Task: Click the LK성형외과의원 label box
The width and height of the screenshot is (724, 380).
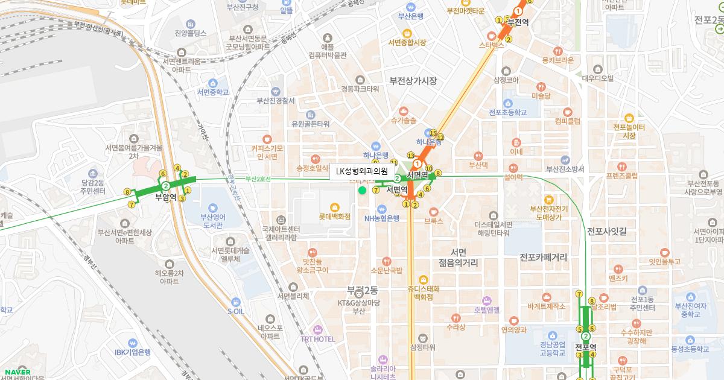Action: pyautogui.click(x=362, y=172)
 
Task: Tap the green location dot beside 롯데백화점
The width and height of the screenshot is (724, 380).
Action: pyautogui.click(x=362, y=191)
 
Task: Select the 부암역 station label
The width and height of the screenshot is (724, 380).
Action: pyautogui.click(x=165, y=197)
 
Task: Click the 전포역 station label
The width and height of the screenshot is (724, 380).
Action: pyautogui.click(x=585, y=347)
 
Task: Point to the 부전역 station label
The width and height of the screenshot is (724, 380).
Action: pyautogui.click(x=518, y=22)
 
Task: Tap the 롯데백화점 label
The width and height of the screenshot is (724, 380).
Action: pyautogui.click(x=335, y=215)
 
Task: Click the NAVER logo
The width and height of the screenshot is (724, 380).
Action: pyautogui.click(x=16, y=372)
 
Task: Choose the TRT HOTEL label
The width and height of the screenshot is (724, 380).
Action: pyautogui.click(x=317, y=339)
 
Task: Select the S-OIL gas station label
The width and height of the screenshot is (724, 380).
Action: pyautogui.click(x=236, y=311)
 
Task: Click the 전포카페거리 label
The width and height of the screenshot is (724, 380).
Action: pyautogui.click(x=544, y=257)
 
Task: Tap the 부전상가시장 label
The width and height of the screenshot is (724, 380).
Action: pyautogui.click(x=413, y=81)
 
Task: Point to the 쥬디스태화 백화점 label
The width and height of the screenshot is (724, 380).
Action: pyautogui.click(x=424, y=293)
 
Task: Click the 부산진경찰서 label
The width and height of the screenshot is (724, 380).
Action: pyautogui.click(x=275, y=101)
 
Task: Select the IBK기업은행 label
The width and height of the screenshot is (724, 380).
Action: pyautogui.click(x=133, y=352)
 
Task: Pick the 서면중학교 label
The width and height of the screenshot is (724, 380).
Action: pyautogui.click(x=212, y=92)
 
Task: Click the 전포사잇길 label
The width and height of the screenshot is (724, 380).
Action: pyautogui.click(x=607, y=231)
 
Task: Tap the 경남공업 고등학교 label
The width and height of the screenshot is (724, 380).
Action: pyautogui.click(x=552, y=350)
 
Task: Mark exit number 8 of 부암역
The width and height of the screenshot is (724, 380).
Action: pyautogui.click(x=127, y=192)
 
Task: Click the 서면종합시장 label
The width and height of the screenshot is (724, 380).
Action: pyautogui.click(x=407, y=42)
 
